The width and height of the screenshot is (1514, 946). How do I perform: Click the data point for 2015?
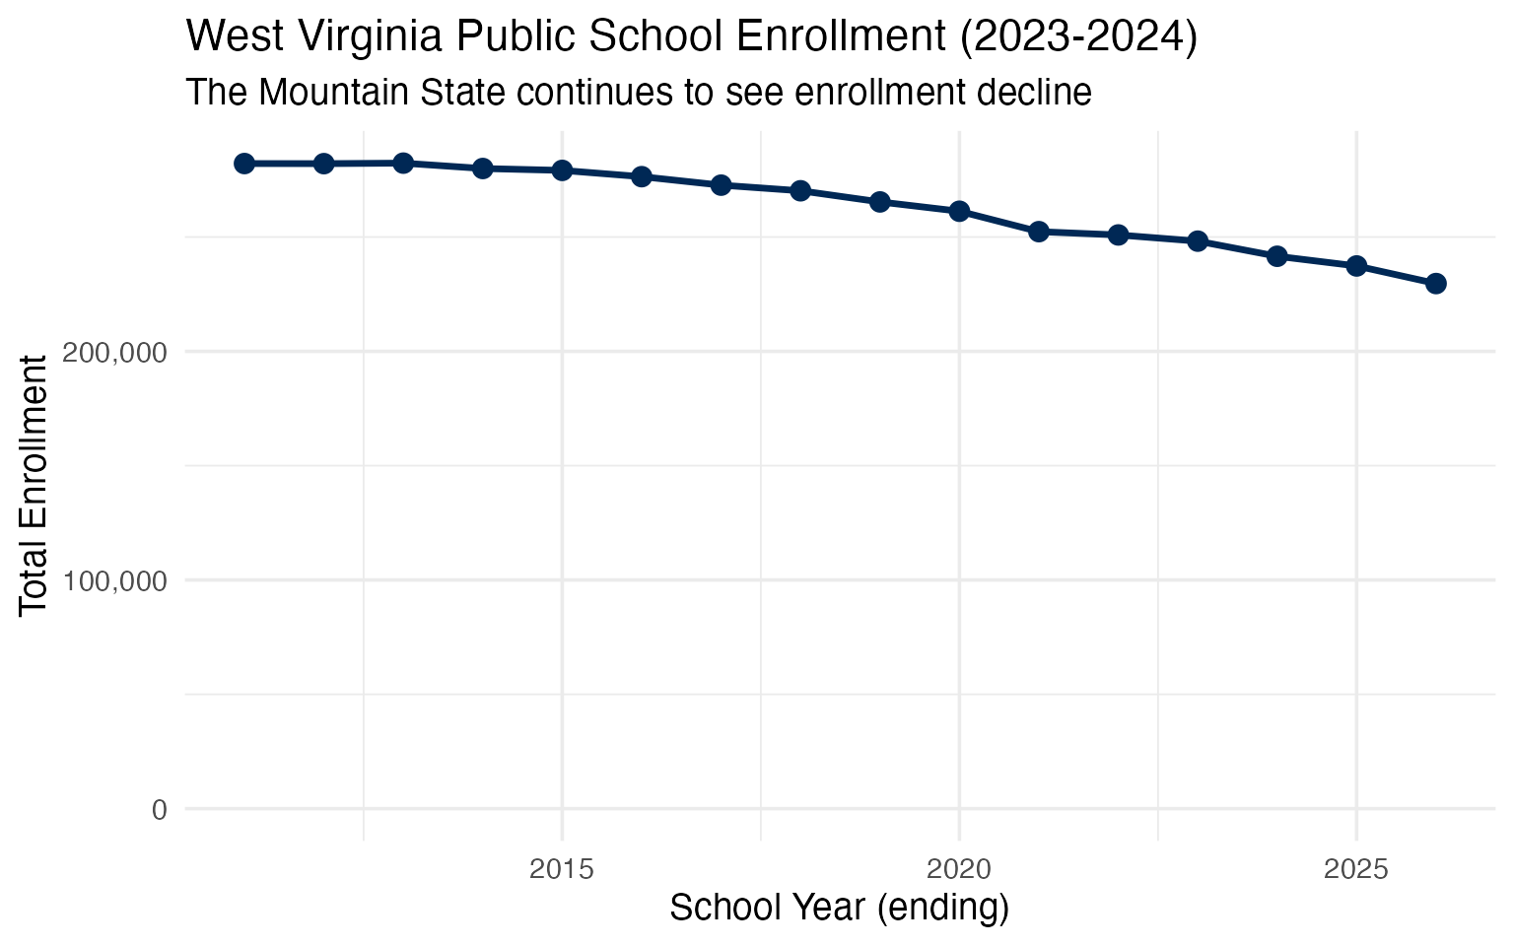coord(562,170)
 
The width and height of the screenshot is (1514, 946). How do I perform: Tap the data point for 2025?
coord(1356,266)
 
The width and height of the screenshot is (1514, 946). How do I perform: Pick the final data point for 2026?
coord(1436,284)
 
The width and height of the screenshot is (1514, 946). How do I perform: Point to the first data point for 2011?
coord(244,164)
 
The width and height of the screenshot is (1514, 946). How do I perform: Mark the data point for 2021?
coord(1038,232)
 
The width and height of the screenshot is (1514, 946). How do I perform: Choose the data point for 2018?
coord(800,190)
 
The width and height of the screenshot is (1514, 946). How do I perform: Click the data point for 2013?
coord(403,163)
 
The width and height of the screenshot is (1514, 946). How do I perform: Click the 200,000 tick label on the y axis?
coord(114,352)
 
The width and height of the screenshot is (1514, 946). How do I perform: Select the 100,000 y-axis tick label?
coord(114,580)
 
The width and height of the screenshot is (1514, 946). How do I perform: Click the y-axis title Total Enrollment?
coord(34,485)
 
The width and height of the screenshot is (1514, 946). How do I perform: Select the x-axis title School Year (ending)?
coord(840,908)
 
